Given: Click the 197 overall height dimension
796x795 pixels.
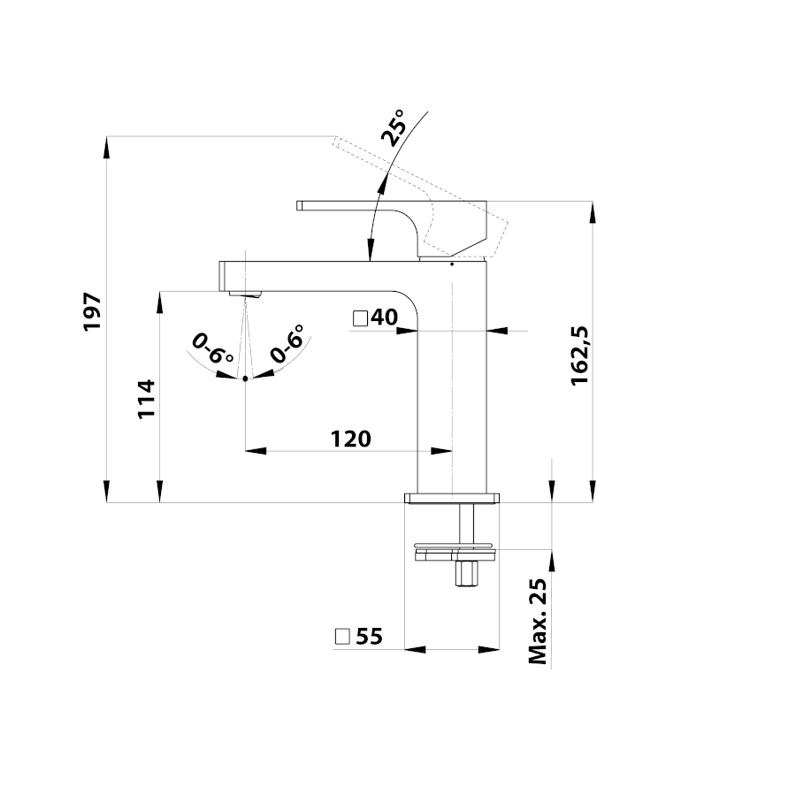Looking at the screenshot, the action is pos(93,311).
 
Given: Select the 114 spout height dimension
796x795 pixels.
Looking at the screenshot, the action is pos(147,399).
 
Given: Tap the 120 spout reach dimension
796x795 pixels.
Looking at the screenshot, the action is pos(351,440).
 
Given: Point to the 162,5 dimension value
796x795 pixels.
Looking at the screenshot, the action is pos(579,355).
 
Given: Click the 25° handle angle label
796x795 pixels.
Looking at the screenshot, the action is pos(394,128).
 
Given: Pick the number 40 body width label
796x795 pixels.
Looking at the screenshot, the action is pos(385,317).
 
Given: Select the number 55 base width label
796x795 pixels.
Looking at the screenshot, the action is pos(369,637).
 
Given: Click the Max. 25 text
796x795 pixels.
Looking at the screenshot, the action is pos(538,621).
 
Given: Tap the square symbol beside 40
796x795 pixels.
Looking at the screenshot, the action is pos(361,318).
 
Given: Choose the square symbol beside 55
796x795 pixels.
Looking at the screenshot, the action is pos(342,637).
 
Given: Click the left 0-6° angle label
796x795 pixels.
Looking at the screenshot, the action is pos(212,348).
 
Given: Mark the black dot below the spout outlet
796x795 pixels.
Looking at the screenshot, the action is pos(245,378).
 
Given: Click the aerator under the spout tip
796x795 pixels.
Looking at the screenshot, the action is pos(245,294).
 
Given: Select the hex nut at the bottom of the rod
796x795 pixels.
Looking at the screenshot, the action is pos(466,573).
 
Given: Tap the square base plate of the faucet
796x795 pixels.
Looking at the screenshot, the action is pos(452,498).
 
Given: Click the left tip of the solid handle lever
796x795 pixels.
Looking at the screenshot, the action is pos(297,205).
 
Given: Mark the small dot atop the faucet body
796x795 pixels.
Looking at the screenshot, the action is pos(452,264).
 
